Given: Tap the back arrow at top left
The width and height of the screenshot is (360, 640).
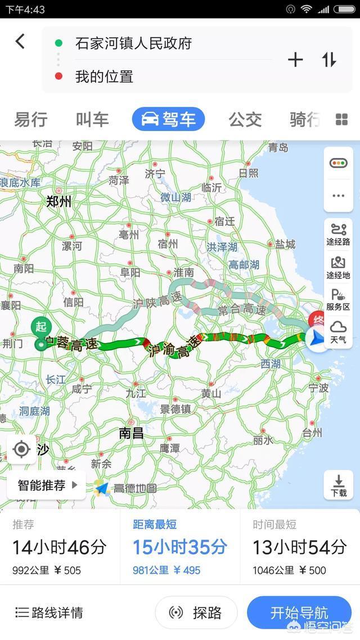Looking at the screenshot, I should (20, 41).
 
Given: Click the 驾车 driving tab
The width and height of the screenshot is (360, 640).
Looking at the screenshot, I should (168, 119).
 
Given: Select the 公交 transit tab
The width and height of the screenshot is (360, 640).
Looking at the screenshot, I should (245, 119).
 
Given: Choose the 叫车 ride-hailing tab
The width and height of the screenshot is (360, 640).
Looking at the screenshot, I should (92, 119).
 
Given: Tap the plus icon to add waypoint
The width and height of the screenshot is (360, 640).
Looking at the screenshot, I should (295, 60).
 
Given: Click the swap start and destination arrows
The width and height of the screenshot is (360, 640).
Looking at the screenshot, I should (329, 60).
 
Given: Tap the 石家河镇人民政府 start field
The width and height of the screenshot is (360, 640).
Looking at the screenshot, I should (133, 43).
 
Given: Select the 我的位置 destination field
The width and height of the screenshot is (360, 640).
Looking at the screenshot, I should (104, 76).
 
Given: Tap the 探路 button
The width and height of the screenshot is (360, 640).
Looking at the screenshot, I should (196, 612).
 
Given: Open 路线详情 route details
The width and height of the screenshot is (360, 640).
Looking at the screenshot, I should (49, 612).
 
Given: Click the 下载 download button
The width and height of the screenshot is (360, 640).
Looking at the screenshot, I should (339, 485).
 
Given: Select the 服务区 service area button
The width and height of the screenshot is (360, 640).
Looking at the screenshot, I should (339, 300).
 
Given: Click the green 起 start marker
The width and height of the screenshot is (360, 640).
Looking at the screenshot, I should (40, 327).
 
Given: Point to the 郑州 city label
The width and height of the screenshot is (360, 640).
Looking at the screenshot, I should (58, 201).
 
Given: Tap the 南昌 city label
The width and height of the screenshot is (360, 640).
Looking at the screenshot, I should (131, 432).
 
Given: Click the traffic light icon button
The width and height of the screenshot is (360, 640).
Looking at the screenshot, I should (339, 163).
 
